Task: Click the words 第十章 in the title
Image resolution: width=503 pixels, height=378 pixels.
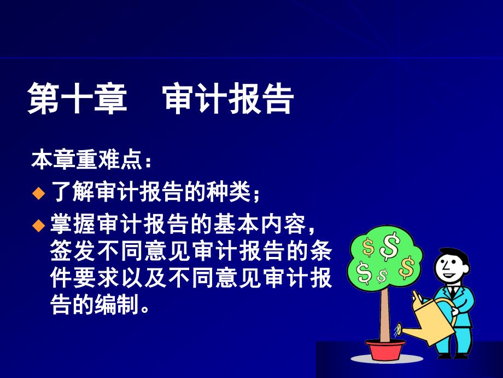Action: pyautogui.click(x=77, y=98)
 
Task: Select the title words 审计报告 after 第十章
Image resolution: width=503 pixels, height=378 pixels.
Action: pyautogui.click(x=228, y=98)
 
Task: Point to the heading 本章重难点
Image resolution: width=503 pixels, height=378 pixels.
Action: pyautogui.click(x=87, y=159)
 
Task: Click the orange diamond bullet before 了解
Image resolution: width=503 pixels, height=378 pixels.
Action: pyautogui.click(x=38, y=193)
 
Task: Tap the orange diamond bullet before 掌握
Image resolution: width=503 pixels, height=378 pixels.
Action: pyautogui.click(x=38, y=225)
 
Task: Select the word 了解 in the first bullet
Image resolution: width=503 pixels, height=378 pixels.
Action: pyautogui.click(x=72, y=192)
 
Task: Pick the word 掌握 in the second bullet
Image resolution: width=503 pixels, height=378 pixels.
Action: pyautogui.click(x=73, y=224)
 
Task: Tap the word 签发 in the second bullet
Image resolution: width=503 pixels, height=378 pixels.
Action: pyautogui.click(x=73, y=250)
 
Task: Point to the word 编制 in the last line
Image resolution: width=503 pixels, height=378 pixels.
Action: pyautogui.click(x=117, y=304)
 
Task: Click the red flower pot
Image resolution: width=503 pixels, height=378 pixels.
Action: pyautogui.click(x=385, y=349)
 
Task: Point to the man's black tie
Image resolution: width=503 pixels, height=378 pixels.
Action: pyautogui.click(x=453, y=291)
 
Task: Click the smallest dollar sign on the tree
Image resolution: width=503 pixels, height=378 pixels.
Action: pyautogui.click(x=382, y=276)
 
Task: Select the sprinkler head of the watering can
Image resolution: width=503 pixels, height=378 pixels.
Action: pyautogui.click(x=398, y=329)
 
